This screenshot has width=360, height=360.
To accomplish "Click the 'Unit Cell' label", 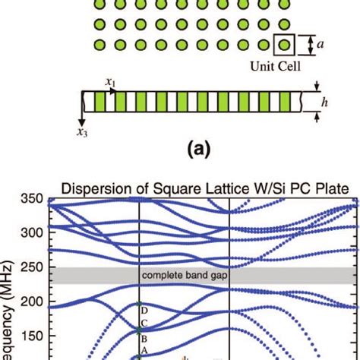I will point(271,65).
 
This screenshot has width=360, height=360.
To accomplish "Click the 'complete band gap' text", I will point(185,276).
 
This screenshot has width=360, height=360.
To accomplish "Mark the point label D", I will point(144,310).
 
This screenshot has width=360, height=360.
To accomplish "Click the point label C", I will point(144,324).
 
